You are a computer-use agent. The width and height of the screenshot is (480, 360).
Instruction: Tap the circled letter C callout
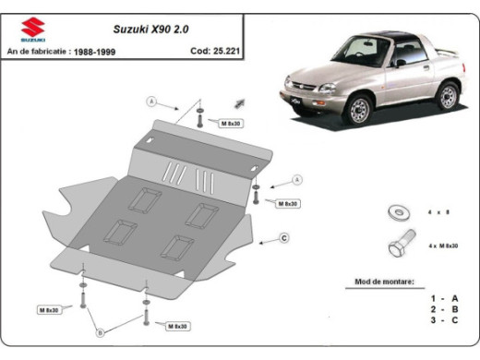[284, 238]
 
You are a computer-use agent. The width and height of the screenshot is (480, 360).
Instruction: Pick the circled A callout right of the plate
[297, 179]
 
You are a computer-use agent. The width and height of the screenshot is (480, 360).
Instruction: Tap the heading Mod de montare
[385, 281]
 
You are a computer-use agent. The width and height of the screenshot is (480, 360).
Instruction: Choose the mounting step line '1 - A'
[443, 297]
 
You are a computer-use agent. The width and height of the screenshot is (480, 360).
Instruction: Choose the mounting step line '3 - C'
[443, 319]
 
